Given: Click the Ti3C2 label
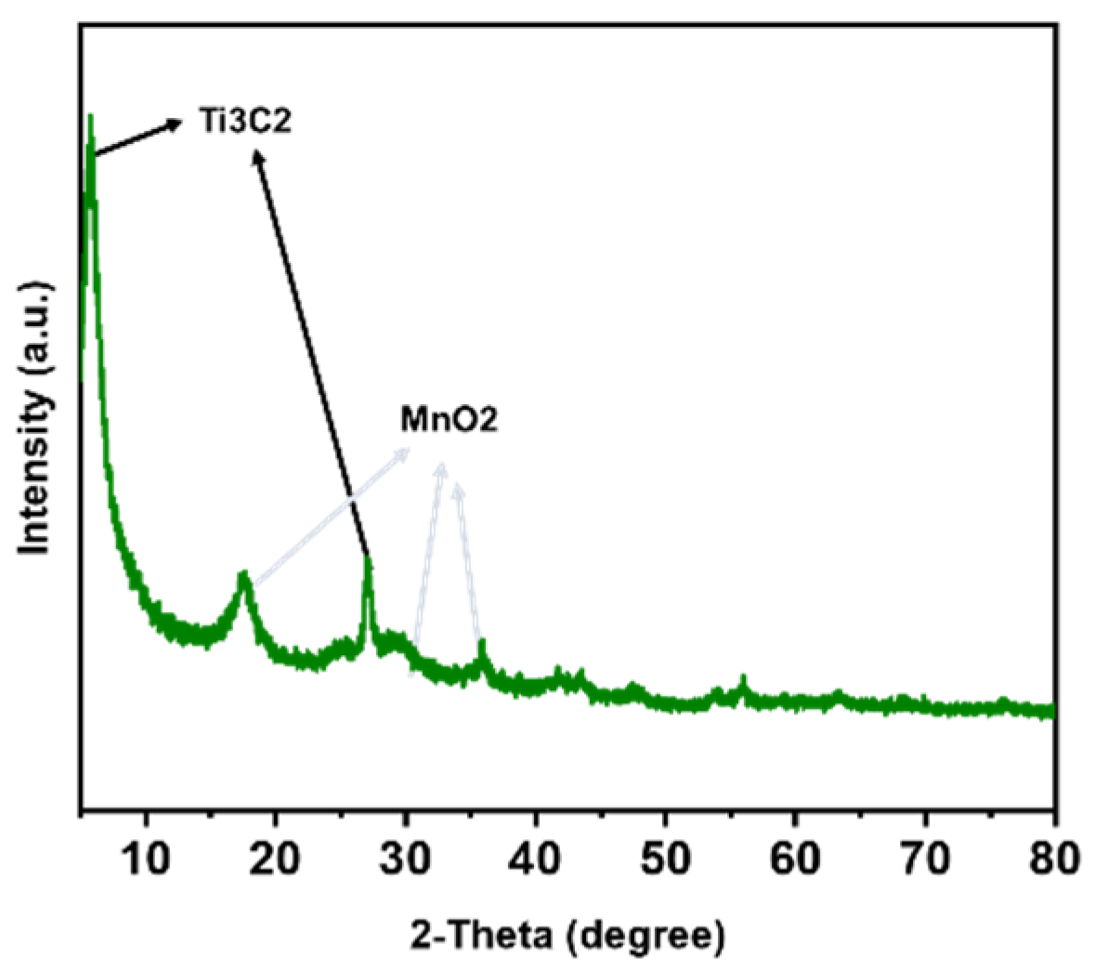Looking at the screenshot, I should pos(244,121).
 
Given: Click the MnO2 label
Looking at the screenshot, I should pos(449,419).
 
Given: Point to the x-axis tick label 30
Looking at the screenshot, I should pos(406,859).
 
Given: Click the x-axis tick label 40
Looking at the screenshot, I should pos(536,859).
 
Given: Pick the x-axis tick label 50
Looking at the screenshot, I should pos(666,859).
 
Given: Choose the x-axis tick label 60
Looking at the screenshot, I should pos(796,859).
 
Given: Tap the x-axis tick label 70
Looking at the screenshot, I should pos(926,859).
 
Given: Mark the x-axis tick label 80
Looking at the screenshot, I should pos(1054,859).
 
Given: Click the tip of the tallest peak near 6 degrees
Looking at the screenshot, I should pos(90,116).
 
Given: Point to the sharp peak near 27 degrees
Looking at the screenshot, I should pos(369,559).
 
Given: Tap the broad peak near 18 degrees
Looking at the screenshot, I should pos(244,576).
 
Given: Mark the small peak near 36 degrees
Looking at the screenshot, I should pos(481,644).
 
